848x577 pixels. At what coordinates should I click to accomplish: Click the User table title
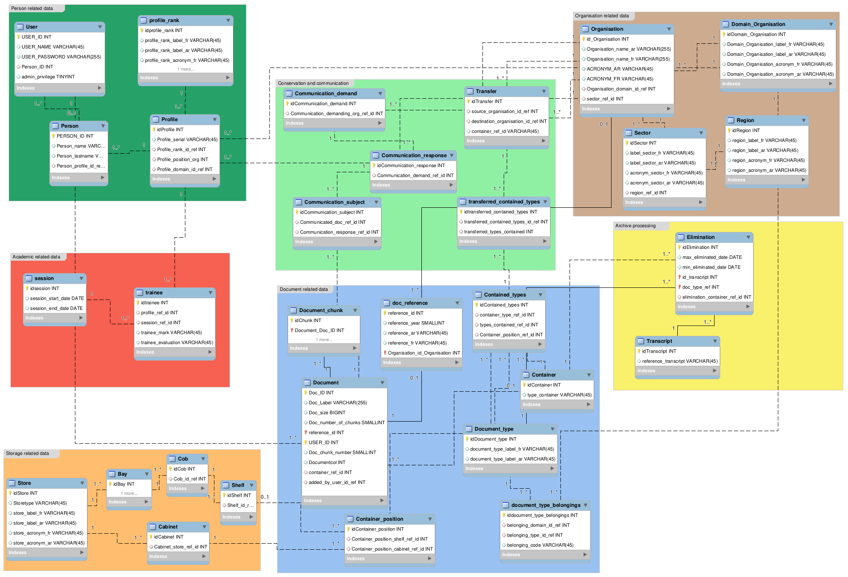tap(32, 27)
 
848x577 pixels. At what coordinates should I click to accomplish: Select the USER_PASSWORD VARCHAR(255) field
tap(61, 57)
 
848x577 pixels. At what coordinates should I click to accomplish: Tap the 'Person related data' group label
tap(32, 8)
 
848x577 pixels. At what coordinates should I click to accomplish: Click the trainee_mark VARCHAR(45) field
tap(171, 332)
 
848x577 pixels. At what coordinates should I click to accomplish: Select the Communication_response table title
tap(414, 155)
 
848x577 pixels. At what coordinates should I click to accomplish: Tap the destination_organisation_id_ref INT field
tap(509, 121)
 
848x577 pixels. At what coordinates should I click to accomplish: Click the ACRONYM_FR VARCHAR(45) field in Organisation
tap(620, 79)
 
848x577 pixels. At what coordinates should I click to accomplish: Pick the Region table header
tap(745, 120)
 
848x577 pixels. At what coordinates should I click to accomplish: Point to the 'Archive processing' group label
tap(635, 226)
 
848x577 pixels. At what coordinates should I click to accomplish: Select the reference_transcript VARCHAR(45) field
tap(680, 361)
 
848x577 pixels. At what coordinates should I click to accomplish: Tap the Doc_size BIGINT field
tap(327, 413)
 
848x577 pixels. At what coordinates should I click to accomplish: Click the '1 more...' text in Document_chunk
tap(324, 340)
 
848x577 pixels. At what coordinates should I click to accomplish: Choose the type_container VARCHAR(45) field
tap(559, 395)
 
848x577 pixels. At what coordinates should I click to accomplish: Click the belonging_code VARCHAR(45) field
tap(540, 545)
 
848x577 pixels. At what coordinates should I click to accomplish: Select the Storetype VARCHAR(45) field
tap(40, 503)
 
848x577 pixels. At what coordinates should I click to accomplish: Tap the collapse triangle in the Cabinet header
tap(204, 527)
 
